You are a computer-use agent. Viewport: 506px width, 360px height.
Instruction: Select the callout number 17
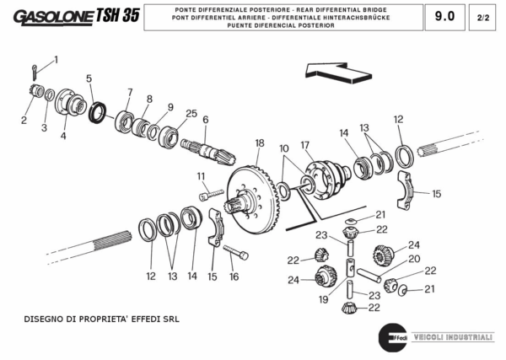tap(305, 144)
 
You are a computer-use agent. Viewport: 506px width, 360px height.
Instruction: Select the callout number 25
tap(191, 113)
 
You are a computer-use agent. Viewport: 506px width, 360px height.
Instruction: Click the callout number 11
tap(202, 175)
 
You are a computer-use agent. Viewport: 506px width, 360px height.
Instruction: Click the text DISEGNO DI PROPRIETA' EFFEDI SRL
tap(102, 320)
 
